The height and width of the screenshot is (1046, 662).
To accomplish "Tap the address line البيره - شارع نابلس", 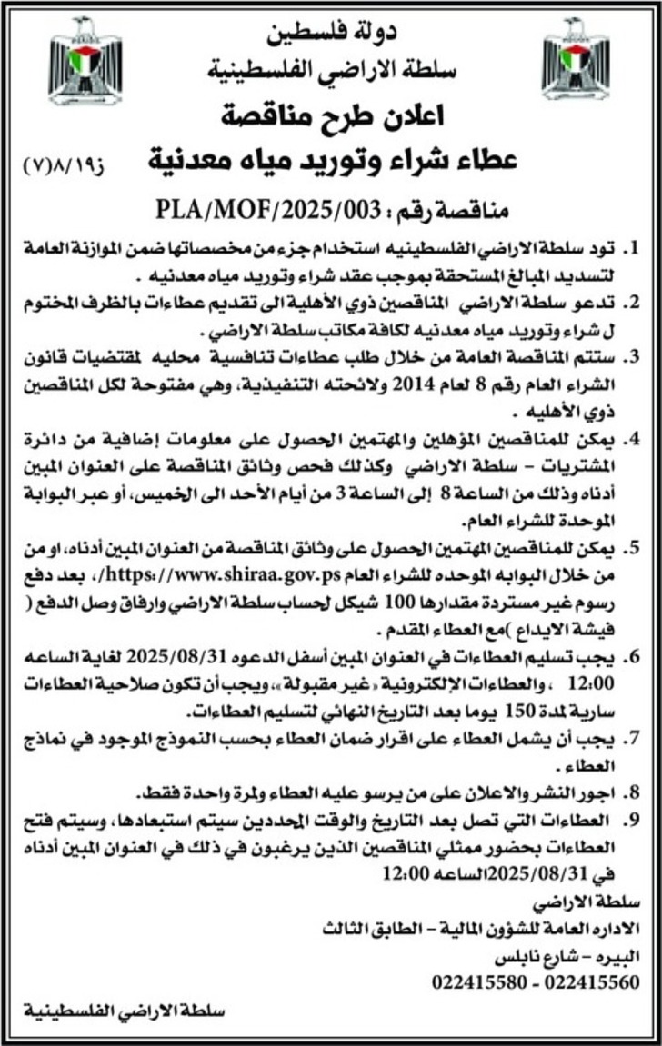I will [557, 956].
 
